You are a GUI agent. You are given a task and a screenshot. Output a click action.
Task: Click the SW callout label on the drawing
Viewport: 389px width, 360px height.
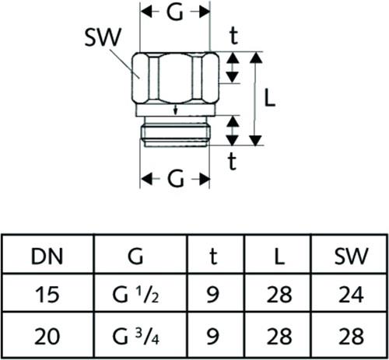[x=103, y=37]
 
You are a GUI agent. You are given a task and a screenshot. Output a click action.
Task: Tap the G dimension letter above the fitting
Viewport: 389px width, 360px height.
[x=175, y=12]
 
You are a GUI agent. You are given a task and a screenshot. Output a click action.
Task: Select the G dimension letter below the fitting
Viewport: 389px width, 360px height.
[x=176, y=179]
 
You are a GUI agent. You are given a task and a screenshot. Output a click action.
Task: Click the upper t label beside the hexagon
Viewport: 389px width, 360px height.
[x=234, y=36]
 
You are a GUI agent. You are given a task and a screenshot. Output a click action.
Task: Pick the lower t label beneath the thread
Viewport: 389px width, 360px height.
[x=232, y=161]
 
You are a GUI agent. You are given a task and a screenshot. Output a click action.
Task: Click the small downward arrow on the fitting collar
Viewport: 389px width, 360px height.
[x=175, y=110]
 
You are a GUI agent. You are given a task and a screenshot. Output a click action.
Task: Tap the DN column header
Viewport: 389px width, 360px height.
[x=47, y=257]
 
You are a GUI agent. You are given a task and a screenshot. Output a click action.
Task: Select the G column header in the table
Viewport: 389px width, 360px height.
[x=135, y=256]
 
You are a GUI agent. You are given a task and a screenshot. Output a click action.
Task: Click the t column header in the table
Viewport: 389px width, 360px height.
[x=213, y=256]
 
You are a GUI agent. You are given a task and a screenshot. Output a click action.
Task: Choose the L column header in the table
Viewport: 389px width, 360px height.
[x=279, y=257]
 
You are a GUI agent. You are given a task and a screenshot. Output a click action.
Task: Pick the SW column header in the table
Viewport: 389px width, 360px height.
[x=351, y=256]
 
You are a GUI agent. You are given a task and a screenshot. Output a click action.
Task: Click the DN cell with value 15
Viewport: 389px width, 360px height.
[x=47, y=295]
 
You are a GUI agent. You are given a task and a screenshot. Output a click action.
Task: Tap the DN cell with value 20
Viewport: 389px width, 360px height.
[x=47, y=336]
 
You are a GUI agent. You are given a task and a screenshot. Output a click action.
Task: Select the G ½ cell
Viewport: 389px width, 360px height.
[x=135, y=295]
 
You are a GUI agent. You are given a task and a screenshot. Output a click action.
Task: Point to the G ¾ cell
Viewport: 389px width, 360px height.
[x=135, y=337]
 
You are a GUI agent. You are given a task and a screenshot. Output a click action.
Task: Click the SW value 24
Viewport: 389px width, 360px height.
[x=351, y=295]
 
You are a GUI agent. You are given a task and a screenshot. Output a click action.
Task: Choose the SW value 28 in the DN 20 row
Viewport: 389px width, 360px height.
[x=351, y=336]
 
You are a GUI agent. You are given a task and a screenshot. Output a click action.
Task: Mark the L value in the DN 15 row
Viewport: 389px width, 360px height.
[x=279, y=295]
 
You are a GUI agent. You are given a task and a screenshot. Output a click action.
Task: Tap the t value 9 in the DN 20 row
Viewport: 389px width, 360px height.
[x=213, y=336]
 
